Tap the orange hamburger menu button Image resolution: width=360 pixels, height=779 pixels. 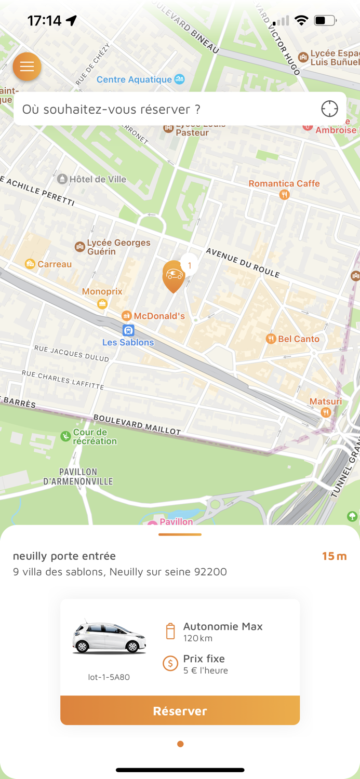(x=27, y=66)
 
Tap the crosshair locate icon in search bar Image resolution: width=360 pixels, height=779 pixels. (x=329, y=109)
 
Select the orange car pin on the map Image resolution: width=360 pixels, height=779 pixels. (x=174, y=275)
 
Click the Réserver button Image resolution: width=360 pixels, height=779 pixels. (x=180, y=710)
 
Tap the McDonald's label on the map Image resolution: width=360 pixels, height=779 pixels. (x=159, y=316)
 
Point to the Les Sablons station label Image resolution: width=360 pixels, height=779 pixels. (x=128, y=342)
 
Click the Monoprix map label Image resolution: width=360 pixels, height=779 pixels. (x=102, y=292)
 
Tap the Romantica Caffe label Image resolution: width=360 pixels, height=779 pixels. (x=284, y=184)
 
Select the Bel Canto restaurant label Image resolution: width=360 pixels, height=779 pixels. (x=299, y=339)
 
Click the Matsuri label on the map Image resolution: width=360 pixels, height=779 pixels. (x=326, y=402)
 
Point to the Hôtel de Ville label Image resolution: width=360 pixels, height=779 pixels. (x=98, y=179)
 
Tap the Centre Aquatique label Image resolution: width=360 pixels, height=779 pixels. (x=134, y=79)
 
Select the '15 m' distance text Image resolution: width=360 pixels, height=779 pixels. (x=334, y=556)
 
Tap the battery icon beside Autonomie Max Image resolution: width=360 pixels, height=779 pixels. (x=170, y=632)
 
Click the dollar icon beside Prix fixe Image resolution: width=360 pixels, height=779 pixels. (x=170, y=663)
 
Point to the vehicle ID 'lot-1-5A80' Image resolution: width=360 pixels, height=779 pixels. (x=109, y=677)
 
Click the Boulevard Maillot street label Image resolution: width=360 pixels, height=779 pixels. (x=137, y=424)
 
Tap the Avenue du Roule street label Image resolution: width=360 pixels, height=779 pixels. (x=243, y=262)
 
